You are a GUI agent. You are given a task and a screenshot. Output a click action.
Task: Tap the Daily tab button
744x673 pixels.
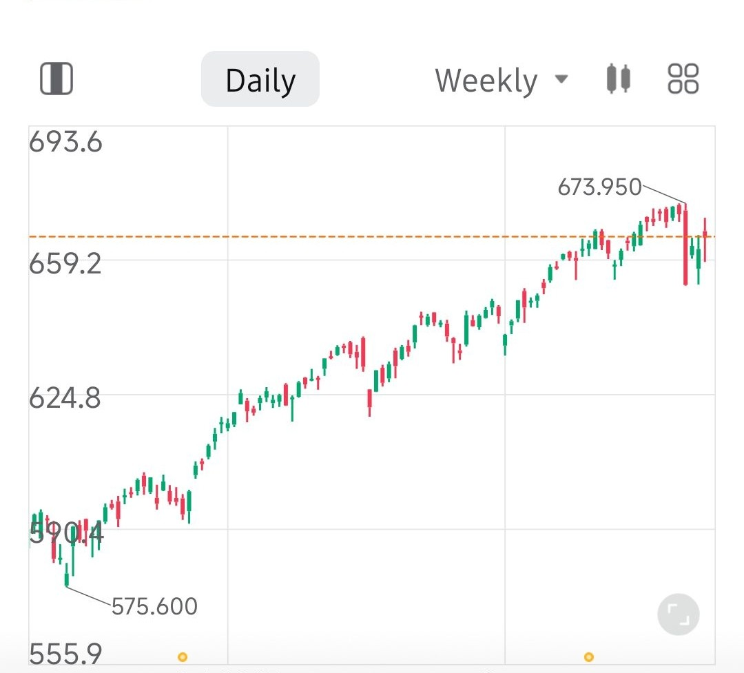[x=260, y=80]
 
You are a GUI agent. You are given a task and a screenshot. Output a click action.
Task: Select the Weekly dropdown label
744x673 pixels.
[x=486, y=81]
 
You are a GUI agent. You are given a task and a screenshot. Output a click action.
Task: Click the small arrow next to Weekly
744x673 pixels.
[x=562, y=79]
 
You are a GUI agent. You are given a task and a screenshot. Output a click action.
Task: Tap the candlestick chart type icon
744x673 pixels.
[x=618, y=79]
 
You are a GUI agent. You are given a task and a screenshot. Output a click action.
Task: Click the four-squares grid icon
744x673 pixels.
[x=683, y=79]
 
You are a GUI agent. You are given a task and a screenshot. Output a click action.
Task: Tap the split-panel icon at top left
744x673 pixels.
[x=56, y=79]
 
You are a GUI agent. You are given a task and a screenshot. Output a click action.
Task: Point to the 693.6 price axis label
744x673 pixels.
[x=65, y=143]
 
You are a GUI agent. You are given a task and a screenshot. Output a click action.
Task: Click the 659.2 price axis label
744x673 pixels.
[x=65, y=263]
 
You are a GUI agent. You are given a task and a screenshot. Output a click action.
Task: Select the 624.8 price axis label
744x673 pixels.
[x=65, y=398]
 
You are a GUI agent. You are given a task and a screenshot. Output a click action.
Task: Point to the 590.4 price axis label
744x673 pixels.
[x=65, y=532]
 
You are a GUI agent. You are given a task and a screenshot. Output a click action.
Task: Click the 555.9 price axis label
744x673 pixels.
[x=65, y=652]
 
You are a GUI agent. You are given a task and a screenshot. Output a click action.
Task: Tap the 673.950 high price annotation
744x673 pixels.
[x=599, y=187]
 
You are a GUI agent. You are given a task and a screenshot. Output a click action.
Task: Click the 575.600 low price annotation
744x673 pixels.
[x=154, y=607]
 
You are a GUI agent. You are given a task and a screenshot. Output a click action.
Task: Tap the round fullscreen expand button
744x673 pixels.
[x=679, y=614]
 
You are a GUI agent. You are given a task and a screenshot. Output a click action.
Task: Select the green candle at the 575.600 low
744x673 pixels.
[x=67, y=575]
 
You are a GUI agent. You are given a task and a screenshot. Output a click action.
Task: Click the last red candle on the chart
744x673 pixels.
[x=705, y=238]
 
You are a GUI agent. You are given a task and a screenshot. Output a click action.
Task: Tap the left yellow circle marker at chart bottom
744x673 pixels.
[x=183, y=657]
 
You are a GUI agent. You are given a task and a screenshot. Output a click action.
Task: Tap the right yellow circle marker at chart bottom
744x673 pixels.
[x=588, y=657]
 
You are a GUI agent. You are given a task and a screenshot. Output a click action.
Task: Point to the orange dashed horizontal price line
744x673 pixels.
[x=344, y=237]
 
